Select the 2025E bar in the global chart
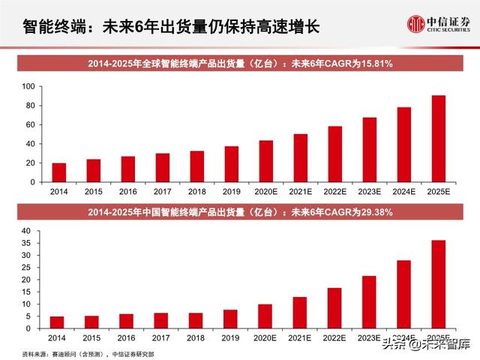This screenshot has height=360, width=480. [x=438, y=139]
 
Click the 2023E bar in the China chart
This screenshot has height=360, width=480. [x=369, y=302]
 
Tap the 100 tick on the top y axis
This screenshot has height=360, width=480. [x=28, y=86]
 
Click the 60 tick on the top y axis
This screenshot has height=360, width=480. [x=31, y=124]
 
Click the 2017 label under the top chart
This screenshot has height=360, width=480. [x=162, y=192]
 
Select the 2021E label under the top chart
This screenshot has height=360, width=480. [x=300, y=192]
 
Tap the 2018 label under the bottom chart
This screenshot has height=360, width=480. [x=196, y=339]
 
